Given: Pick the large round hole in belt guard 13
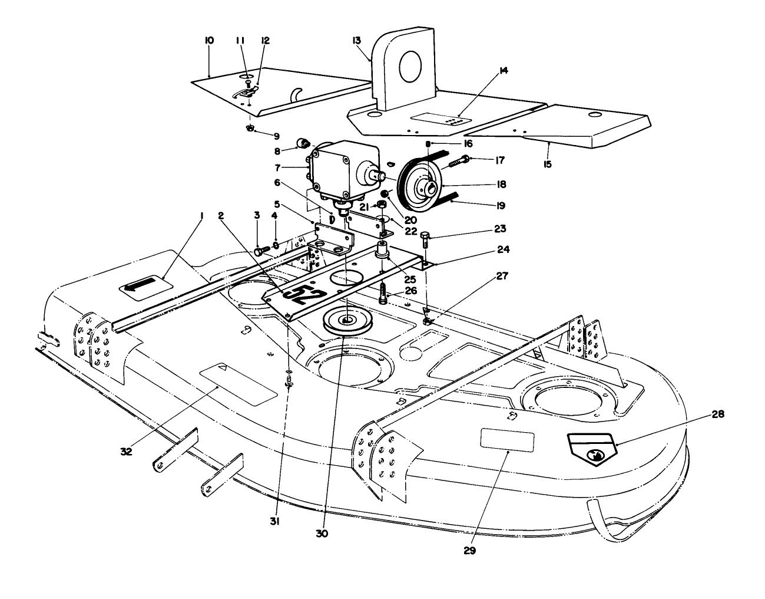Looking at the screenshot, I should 409,66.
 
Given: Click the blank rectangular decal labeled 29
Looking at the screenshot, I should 507,440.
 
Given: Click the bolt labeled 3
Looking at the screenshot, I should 260,251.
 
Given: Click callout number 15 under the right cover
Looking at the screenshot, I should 548,164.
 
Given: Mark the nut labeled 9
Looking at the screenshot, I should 250,129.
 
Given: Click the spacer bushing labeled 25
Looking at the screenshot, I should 383,254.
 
